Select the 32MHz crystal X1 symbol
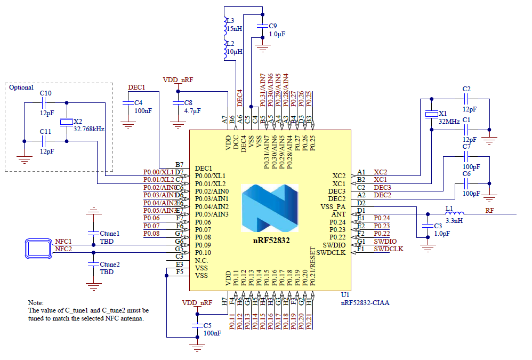(431, 115)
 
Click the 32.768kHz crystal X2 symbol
(66, 122)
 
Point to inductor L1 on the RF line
(454, 214)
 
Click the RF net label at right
(489, 210)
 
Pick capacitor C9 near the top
(262, 26)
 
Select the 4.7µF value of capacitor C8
(192, 111)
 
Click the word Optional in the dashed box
(22, 87)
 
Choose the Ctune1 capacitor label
(110, 234)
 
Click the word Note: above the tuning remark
(36, 302)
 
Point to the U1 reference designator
(345, 294)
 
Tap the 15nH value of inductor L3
(234, 28)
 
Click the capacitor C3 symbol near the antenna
(426, 226)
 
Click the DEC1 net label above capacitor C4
(136, 87)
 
